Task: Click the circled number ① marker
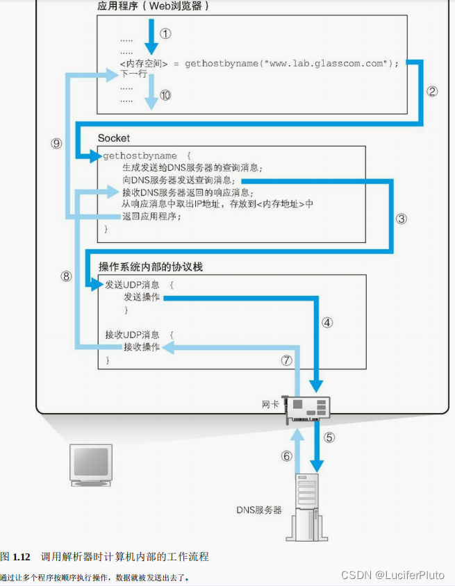click(165, 33)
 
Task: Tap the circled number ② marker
click(432, 91)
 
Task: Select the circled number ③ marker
click(402, 218)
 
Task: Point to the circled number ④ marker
click(327, 322)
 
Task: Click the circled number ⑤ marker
click(329, 437)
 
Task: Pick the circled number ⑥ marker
click(286, 456)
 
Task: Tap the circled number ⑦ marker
click(286, 360)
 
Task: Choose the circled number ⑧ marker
click(66, 276)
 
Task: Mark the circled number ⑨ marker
click(56, 143)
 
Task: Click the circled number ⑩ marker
click(165, 96)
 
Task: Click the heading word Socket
click(114, 138)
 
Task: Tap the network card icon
click(307, 411)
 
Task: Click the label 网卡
click(270, 403)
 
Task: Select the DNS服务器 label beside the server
click(258, 510)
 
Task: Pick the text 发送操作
click(141, 297)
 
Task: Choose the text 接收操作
click(141, 347)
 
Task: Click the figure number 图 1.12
click(16, 556)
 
